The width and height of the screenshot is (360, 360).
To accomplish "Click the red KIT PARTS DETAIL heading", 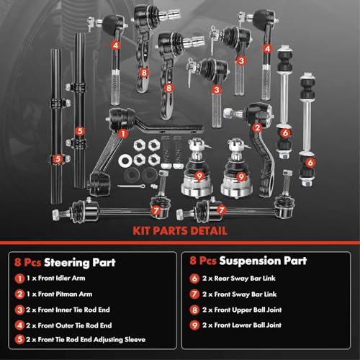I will tap(179, 232).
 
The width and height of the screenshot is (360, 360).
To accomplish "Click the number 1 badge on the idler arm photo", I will tap(123, 132).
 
